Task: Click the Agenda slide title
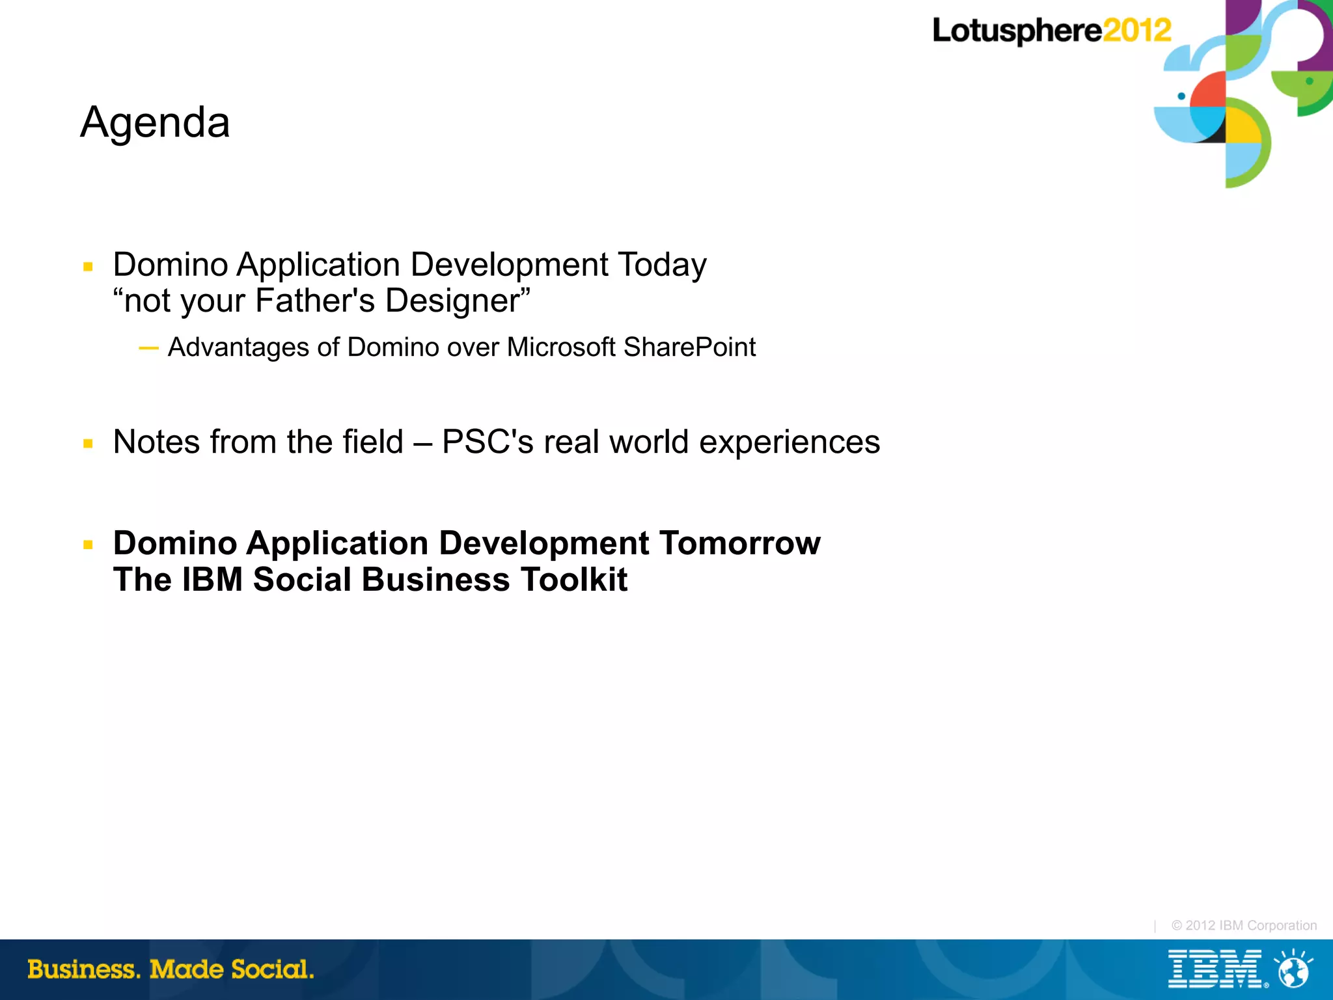click(x=155, y=122)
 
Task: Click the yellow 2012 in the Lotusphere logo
click(x=1136, y=30)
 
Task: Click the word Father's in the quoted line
click(x=315, y=301)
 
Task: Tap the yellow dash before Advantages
click(x=148, y=349)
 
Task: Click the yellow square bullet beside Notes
click(x=89, y=444)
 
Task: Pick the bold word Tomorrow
click(x=739, y=543)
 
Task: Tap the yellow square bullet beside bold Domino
click(x=89, y=545)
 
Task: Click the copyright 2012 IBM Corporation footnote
click(x=1244, y=925)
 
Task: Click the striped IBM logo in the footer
click(x=1215, y=969)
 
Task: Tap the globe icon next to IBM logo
click(x=1293, y=970)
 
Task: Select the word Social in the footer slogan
click(x=271, y=969)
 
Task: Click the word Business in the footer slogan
click(x=83, y=969)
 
